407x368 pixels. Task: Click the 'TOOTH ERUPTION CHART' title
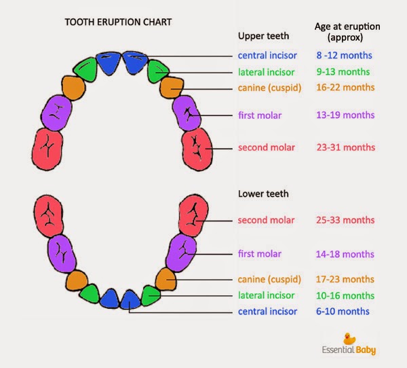coord(117,22)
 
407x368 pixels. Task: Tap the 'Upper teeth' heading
coord(263,35)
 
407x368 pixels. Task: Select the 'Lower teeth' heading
coord(263,194)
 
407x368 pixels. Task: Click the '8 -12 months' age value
coord(344,55)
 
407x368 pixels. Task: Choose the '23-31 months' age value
coord(345,147)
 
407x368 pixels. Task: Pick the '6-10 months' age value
coord(343,311)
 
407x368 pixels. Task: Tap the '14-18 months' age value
coord(345,254)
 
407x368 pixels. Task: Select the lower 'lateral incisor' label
coord(267,295)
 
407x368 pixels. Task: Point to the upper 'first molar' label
coord(260,115)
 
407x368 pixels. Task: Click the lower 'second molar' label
coord(267,220)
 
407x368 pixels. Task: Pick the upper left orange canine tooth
coord(73,88)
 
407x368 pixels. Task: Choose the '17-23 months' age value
coord(345,279)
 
